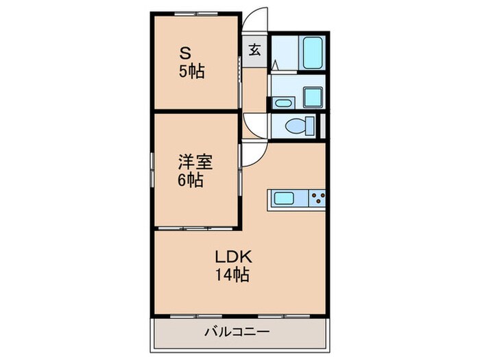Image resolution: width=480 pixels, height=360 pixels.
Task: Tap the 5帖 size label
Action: point(191,71)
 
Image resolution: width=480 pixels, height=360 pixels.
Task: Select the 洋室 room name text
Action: point(195,163)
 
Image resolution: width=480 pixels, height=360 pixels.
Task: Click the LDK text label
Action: point(235,257)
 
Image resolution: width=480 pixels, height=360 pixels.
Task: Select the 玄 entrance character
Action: point(254,49)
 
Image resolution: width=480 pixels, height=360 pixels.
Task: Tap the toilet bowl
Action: point(295,126)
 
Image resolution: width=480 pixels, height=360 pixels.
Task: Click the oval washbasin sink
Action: point(283,103)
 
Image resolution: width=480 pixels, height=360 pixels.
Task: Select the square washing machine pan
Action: point(312,97)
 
